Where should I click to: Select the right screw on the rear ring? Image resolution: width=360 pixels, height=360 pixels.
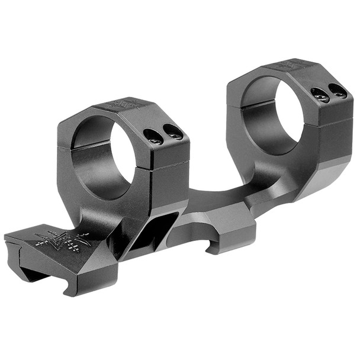click(337, 90)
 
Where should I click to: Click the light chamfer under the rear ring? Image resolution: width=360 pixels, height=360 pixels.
click(332, 172)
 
